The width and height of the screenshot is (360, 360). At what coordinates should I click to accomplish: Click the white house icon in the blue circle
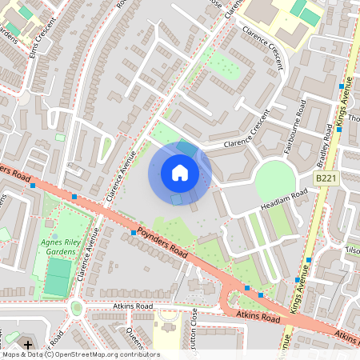click(180, 173)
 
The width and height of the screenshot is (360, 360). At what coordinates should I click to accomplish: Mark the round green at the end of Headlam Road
click(273, 179)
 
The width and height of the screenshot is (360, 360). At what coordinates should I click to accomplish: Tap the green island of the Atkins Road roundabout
click(76, 306)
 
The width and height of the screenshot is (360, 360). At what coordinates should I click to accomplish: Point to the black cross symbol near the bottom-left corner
click(29, 345)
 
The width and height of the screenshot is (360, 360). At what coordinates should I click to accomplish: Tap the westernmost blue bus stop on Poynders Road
click(33, 186)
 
